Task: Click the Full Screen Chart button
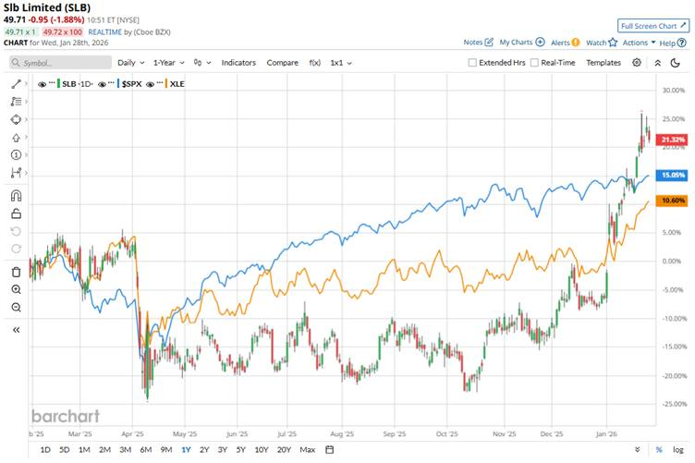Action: (x=652, y=26)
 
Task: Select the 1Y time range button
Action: (x=186, y=450)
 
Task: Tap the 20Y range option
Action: (x=283, y=450)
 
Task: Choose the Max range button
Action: (x=308, y=450)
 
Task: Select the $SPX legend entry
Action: (x=134, y=83)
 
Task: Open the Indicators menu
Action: (x=238, y=62)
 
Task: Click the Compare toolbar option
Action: (x=282, y=62)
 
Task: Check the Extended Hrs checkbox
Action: (x=472, y=63)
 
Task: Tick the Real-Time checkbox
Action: (x=534, y=63)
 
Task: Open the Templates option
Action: (x=604, y=62)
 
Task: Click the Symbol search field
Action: (x=59, y=63)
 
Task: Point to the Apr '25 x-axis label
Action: (x=132, y=432)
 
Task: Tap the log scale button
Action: (x=678, y=450)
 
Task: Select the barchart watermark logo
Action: (x=66, y=415)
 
